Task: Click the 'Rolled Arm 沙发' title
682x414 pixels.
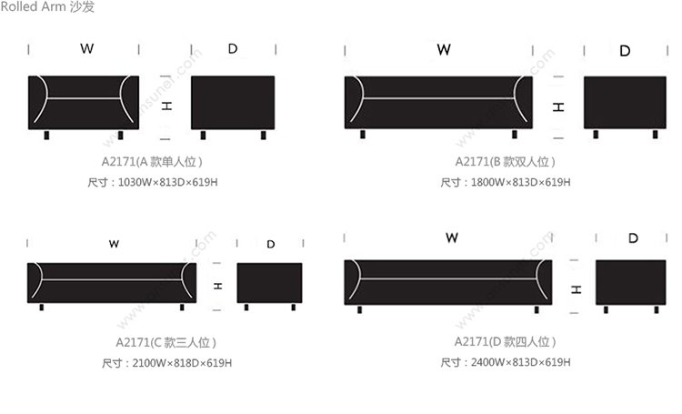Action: click(x=47, y=6)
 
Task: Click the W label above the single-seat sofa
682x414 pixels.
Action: click(x=87, y=48)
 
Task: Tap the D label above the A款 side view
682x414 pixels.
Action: click(x=233, y=48)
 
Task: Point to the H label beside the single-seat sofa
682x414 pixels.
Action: click(x=166, y=106)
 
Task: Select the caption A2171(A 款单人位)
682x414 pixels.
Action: click(x=152, y=162)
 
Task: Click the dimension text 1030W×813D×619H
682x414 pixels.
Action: click(x=168, y=182)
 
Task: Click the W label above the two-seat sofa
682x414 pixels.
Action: click(x=444, y=50)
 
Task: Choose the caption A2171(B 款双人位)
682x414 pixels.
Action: click(x=505, y=162)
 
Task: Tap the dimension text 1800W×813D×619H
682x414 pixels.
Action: click(x=521, y=182)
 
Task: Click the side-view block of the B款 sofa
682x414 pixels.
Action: click(x=625, y=102)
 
